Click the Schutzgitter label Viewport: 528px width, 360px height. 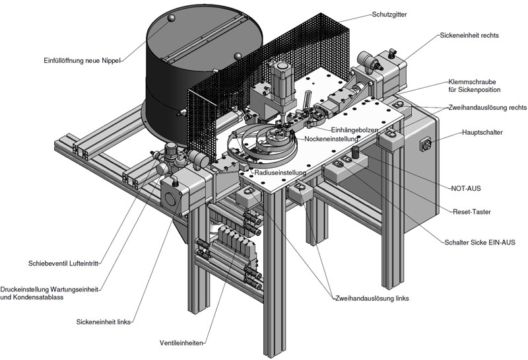[x=389, y=15]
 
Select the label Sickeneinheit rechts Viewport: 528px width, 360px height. [x=469, y=36]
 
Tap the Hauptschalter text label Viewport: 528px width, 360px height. [x=482, y=133]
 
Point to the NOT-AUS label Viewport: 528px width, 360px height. [x=466, y=188]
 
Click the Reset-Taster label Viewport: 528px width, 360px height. [x=472, y=212]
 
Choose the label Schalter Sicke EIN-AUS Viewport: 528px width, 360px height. [x=480, y=242]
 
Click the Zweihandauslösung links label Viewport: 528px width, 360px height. [x=372, y=299]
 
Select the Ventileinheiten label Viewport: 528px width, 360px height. [x=181, y=343]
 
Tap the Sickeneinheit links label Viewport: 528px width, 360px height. [x=104, y=322]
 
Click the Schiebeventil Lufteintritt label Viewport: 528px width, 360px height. [x=63, y=264]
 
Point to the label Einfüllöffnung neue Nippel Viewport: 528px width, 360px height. [x=82, y=61]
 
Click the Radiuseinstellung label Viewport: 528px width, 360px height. [x=280, y=172]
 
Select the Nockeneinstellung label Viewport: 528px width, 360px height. [x=331, y=139]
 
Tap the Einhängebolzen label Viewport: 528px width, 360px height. [x=354, y=129]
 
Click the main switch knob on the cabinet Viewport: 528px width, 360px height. [x=427, y=145]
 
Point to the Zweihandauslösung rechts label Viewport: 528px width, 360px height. [x=488, y=108]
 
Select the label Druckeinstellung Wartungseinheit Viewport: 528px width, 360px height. [x=49, y=289]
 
